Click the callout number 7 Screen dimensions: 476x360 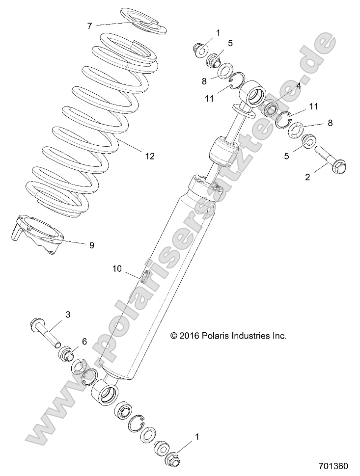pyautogui.click(x=89, y=26)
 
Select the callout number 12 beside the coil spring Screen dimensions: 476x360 pyautogui.click(x=149, y=156)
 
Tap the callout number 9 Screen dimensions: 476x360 pyautogui.click(x=91, y=245)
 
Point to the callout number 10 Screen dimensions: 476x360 pyautogui.click(x=116, y=268)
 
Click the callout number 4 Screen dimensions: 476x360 pyautogui.click(x=298, y=85)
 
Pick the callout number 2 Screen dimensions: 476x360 pyautogui.click(x=307, y=177)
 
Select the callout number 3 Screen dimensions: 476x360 pyautogui.click(x=68, y=314)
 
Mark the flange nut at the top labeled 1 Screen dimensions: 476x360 pyautogui.click(x=200, y=49)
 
